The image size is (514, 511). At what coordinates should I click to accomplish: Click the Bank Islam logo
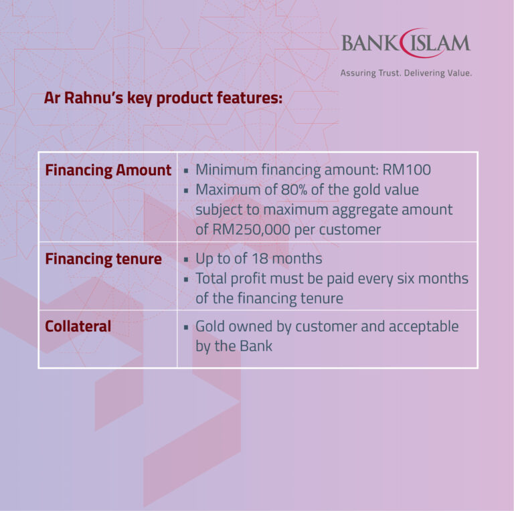[x=406, y=43]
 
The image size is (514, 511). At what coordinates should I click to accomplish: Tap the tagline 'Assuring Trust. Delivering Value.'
[x=406, y=73]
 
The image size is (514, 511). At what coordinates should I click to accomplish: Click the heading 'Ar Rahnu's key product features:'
[x=163, y=98]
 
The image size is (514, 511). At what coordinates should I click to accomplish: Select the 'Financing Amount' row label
[x=108, y=171]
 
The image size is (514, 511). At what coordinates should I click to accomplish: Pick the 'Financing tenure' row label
[x=103, y=259]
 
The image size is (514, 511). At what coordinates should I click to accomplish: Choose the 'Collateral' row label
[x=78, y=327]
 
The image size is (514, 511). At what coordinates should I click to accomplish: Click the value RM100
[x=407, y=171]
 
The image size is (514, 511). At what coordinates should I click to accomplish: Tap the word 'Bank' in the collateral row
[x=256, y=346]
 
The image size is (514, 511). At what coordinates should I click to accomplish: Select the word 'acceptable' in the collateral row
[x=424, y=327]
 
